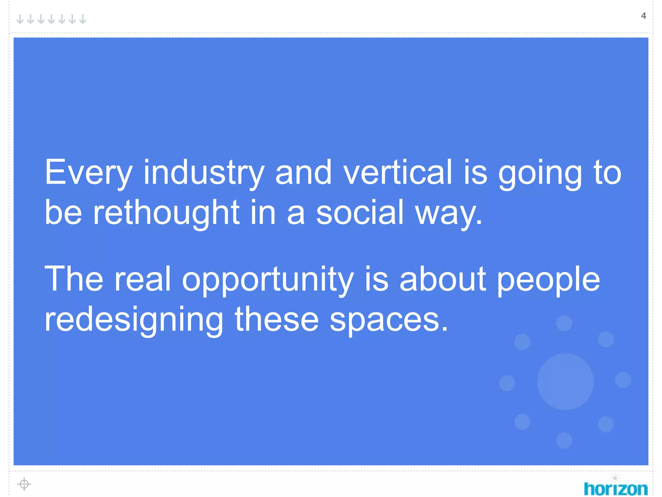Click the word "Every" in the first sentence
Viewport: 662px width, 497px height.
tap(88, 173)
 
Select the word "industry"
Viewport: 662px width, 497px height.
tap(204, 173)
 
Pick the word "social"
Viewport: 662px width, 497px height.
tap(360, 213)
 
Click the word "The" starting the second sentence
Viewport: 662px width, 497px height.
tap(74, 279)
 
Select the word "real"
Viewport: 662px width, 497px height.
tap(142, 279)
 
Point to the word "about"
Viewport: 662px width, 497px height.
tap(443, 279)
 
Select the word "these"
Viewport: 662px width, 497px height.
tap(277, 320)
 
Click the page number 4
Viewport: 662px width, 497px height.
tap(643, 16)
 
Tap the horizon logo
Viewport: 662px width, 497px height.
tap(615, 488)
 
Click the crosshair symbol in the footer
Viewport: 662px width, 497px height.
tap(24, 484)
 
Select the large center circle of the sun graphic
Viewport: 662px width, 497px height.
tap(565, 382)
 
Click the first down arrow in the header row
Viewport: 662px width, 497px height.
tap(20, 19)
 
